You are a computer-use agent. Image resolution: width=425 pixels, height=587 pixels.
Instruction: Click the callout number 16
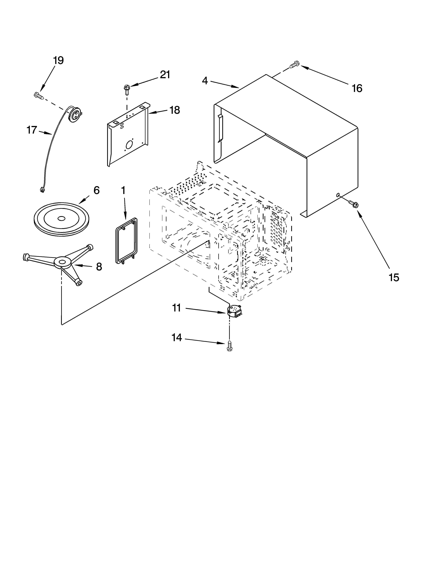click(357, 89)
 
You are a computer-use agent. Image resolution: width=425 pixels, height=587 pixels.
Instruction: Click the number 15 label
click(394, 278)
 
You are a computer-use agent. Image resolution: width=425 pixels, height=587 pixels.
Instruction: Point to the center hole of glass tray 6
click(61, 218)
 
